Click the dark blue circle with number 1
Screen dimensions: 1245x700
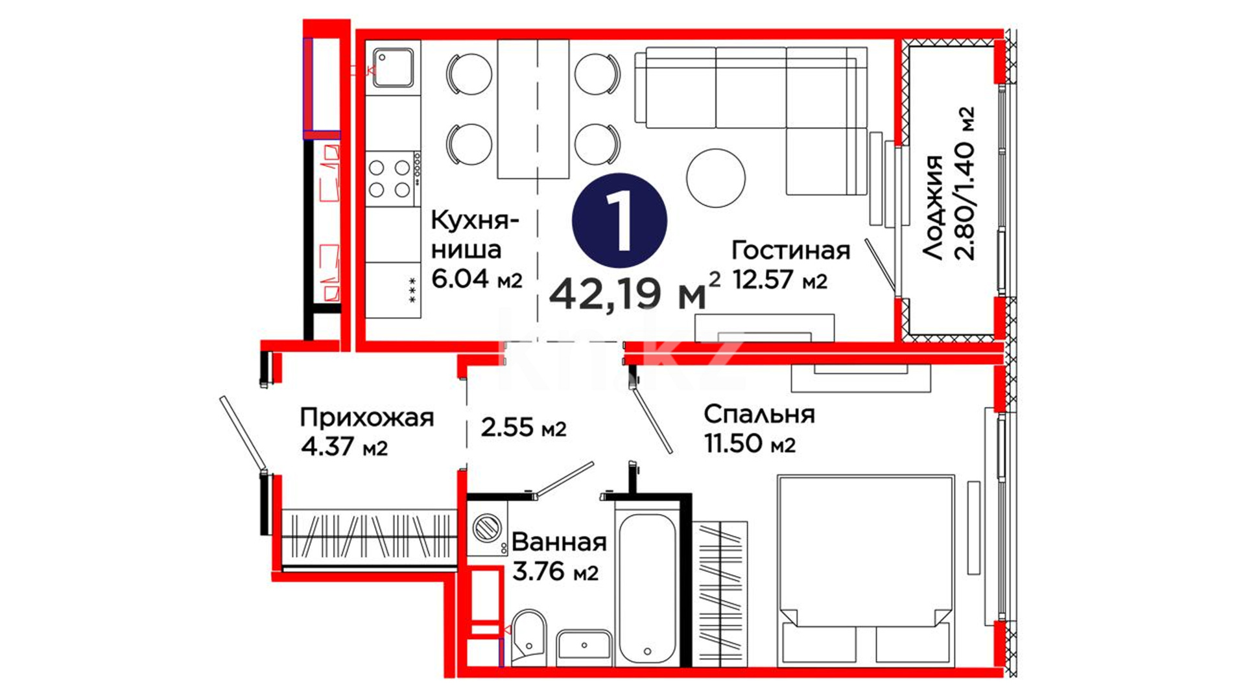point(619,220)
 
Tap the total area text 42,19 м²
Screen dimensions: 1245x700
point(635,292)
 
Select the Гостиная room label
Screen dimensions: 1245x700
point(790,250)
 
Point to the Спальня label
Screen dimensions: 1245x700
point(759,414)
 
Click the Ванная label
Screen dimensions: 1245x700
point(559,542)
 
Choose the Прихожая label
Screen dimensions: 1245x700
point(366,418)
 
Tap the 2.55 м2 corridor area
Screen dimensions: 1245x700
point(523,428)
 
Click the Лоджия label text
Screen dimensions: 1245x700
point(932,207)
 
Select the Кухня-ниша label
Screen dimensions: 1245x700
point(475,235)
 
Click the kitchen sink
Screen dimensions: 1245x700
point(392,67)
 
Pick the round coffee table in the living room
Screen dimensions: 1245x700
point(716,178)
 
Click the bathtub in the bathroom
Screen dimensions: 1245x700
point(646,589)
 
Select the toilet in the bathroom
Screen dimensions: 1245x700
point(529,637)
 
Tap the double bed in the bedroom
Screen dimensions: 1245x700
point(866,570)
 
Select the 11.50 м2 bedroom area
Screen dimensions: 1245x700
point(750,445)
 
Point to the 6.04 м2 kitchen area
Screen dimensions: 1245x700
point(477,279)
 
